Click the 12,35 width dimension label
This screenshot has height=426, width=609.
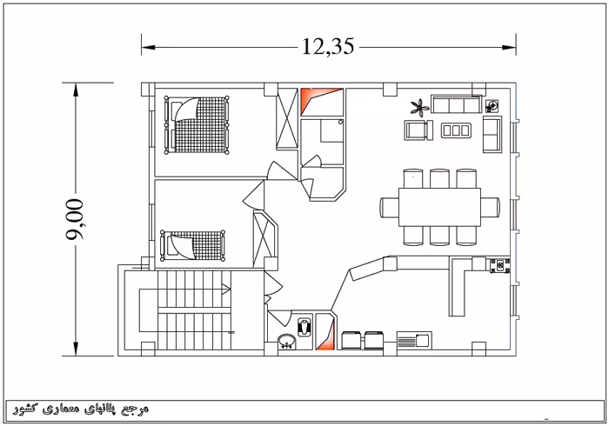[x=328, y=46]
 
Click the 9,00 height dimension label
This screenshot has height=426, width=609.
[x=75, y=219]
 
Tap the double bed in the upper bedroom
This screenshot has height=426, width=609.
[x=197, y=125]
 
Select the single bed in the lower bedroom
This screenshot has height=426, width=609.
[x=192, y=245]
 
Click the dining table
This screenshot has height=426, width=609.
[x=439, y=207]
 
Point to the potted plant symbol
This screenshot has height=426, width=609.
[x=420, y=107]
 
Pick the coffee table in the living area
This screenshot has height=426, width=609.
[x=456, y=130]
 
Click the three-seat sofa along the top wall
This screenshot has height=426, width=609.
[x=457, y=104]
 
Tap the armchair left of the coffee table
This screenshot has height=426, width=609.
[x=418, y=130]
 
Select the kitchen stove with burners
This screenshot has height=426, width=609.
[x=500, y=266]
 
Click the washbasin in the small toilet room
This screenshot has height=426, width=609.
[x=286, y=342]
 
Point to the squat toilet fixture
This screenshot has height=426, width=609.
[x=304, y=327]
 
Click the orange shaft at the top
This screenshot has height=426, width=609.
[x=322, y=101]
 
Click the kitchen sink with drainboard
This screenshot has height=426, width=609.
[x=414, y=340]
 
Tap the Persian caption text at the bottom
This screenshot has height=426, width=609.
[x=81, y=409]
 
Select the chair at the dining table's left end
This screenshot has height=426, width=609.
[x=389, y=207]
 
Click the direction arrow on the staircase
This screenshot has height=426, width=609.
[x=225, y=289]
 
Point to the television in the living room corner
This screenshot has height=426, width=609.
[x=492, y=105]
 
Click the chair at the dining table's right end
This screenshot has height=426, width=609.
[x=490, y=207]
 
